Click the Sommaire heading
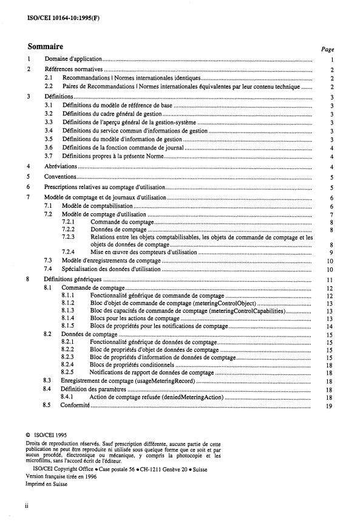coord(46,46)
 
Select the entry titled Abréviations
coord(61,166)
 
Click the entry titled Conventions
coord(60,177)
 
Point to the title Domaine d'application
coord(72,60)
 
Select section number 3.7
coord(49,156)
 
